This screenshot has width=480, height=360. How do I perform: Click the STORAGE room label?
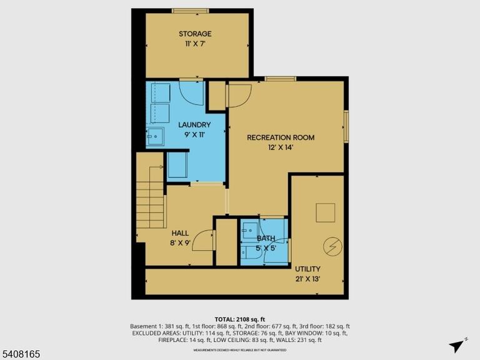(x=195, y=34)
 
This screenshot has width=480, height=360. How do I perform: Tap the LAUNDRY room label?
(x=194, y=125)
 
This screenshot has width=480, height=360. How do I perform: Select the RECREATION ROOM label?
(x=281, y=137)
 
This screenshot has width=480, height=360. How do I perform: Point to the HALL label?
(x=180, y=233)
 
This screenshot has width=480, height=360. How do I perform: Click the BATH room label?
(x=266, y=238)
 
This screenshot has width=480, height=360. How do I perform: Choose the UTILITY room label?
(x=307, y=269)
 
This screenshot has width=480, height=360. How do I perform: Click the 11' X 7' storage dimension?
(x=195, y=44)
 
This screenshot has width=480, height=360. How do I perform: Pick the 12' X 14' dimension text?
(x=281, y=147)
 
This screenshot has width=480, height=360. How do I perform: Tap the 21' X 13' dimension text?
(x=307, y=279)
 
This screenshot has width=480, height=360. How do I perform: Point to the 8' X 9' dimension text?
(x=180, y=243)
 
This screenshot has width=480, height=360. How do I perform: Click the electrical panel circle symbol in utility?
(x=332, y=246)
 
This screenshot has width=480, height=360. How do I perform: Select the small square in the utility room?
(x=326, y=212)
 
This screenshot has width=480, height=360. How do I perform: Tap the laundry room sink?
(x=155, y=136)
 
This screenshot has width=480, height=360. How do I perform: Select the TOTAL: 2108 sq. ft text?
(x=240, y=319)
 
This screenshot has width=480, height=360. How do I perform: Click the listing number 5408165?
(x=20, y=354)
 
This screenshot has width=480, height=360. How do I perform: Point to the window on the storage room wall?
(x=191, y=11)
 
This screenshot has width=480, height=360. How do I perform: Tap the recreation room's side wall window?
(x=346, y=126)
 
